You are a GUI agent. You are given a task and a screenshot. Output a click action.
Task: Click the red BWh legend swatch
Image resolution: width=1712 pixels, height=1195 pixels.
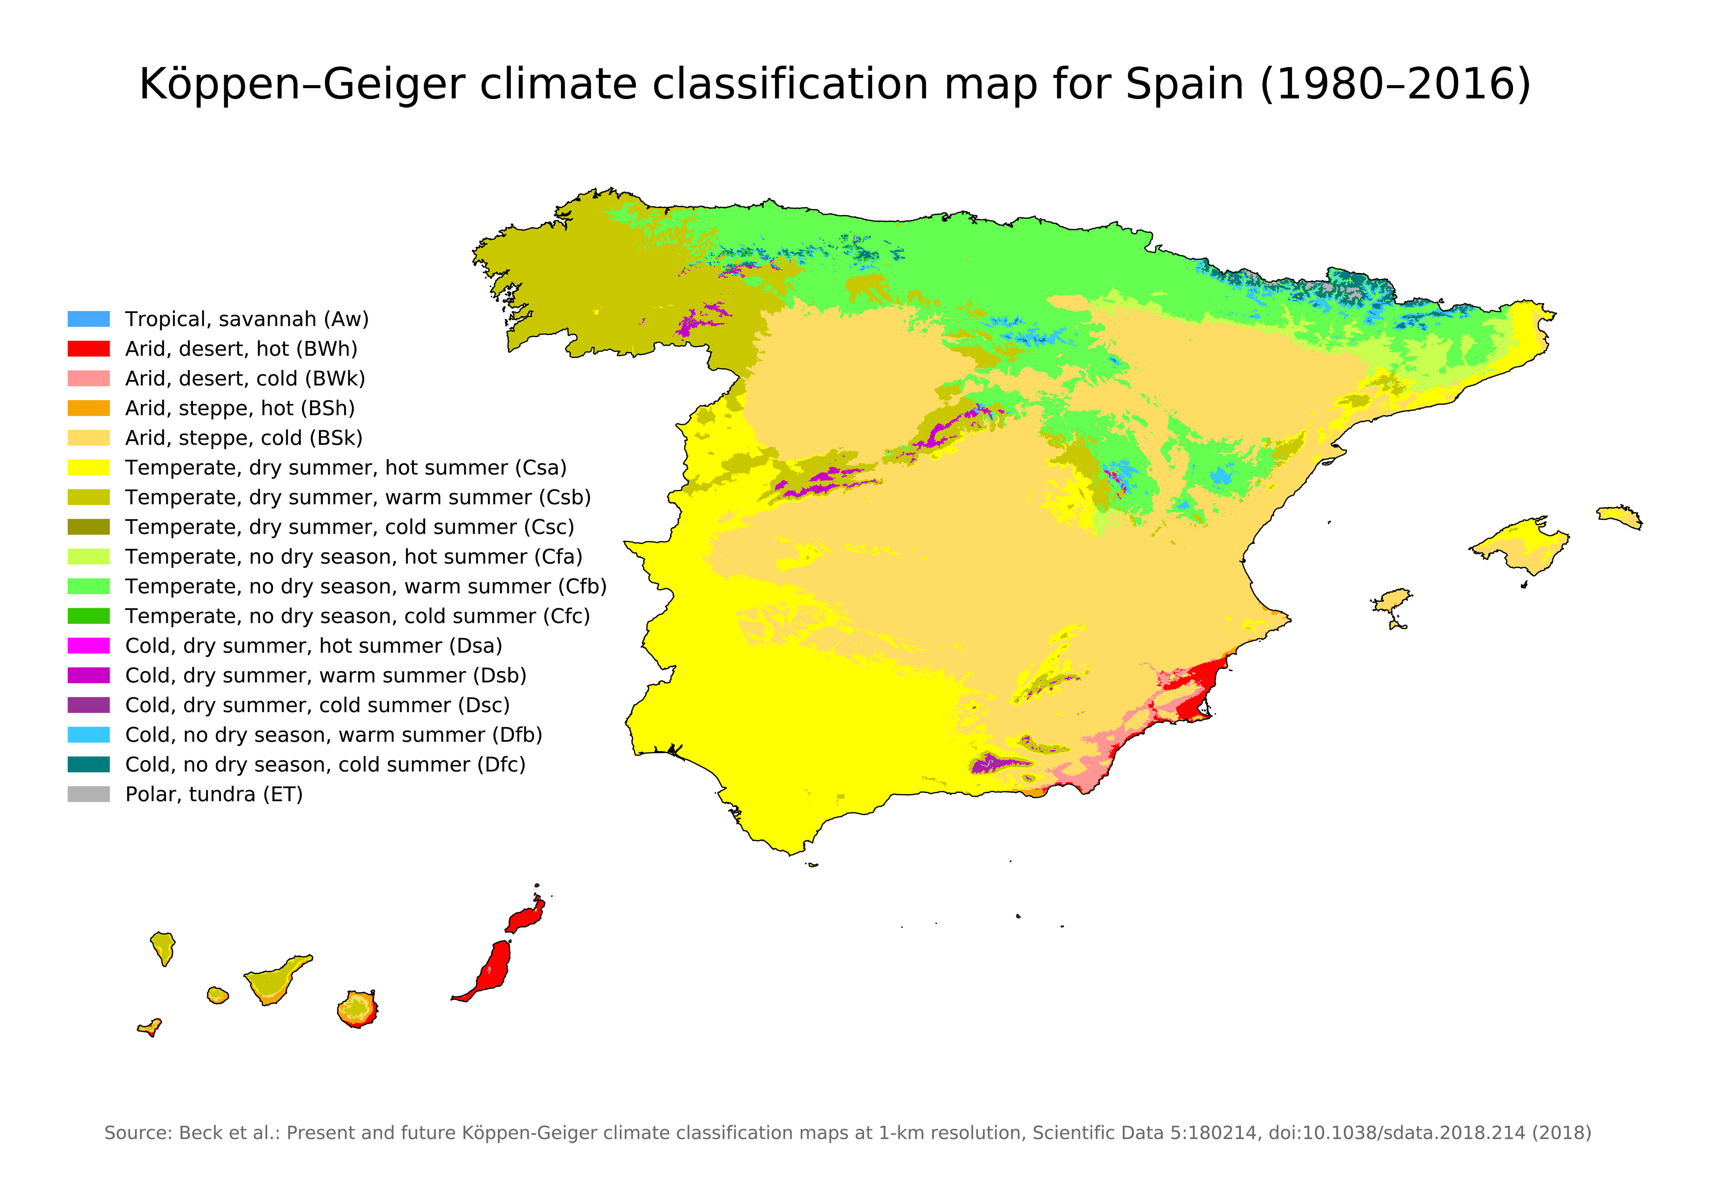[88, 349]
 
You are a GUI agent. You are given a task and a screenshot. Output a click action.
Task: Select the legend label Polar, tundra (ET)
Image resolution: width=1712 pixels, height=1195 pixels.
[213, 795]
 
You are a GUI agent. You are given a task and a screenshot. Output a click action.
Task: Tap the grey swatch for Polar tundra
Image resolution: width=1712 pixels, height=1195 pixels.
[88, 795]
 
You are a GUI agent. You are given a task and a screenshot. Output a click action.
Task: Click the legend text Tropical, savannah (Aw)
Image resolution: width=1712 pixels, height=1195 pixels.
[246, 319]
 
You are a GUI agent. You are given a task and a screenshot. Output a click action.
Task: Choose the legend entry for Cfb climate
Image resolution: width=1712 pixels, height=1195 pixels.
[366, 587]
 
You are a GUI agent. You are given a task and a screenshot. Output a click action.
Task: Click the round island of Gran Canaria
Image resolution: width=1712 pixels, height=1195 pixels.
[357, 1009]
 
